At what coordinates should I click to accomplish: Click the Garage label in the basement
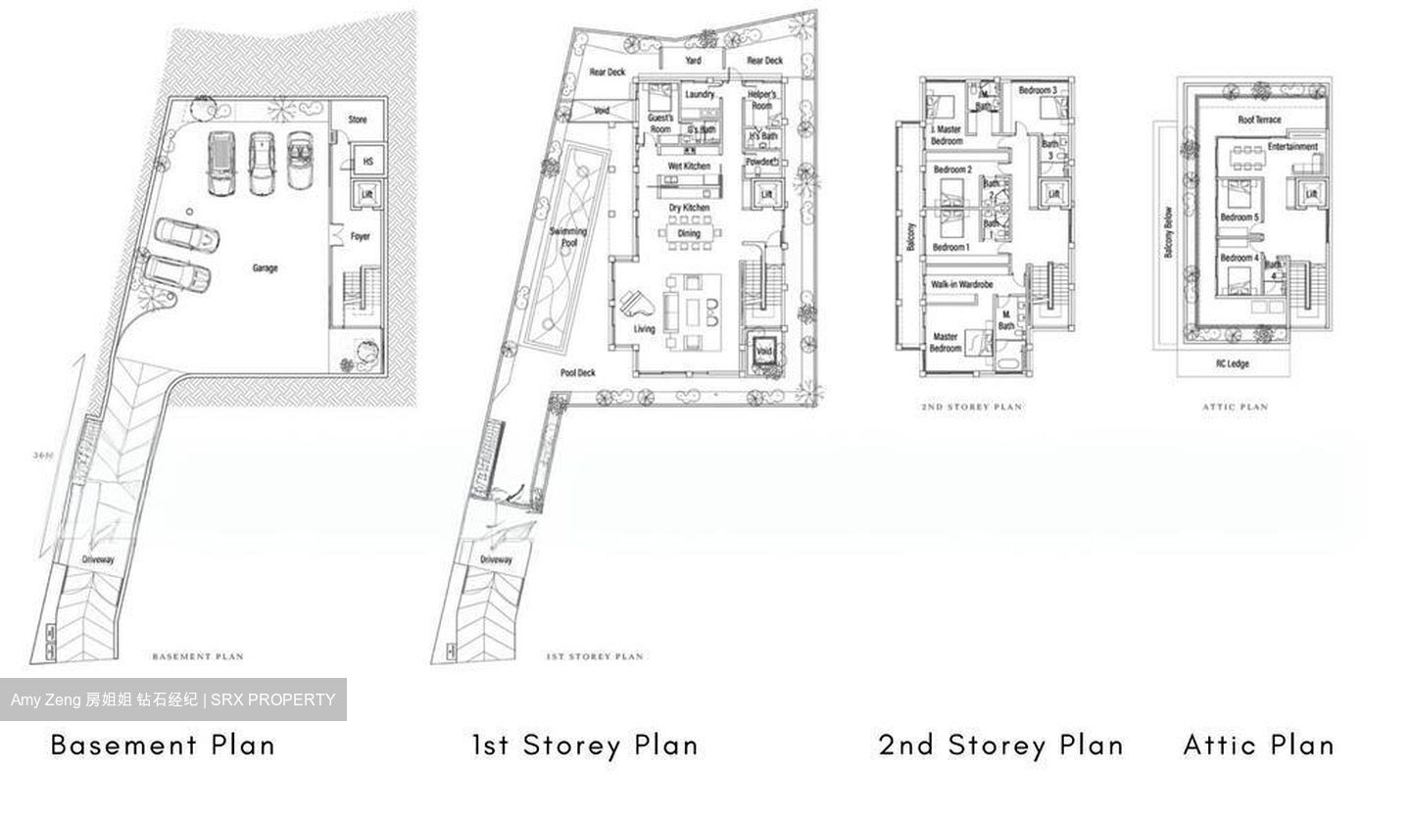265,267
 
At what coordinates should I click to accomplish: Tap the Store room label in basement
358,120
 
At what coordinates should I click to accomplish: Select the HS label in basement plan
367,162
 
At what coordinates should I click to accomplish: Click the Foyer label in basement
361,236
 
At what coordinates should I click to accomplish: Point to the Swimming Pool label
568,237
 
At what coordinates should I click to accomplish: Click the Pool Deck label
578,373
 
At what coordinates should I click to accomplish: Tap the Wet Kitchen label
689,167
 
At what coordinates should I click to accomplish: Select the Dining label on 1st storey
689,233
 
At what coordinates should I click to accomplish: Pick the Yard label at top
693,61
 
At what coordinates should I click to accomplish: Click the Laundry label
700,95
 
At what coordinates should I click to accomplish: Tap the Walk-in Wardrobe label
961,284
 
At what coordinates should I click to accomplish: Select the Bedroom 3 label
1038,90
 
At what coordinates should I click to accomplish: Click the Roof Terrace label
1259,120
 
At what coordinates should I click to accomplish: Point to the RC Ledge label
1233,363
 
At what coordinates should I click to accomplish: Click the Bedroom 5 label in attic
1240,217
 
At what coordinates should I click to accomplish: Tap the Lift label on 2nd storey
1053,195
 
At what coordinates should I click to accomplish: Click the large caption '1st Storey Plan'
585,745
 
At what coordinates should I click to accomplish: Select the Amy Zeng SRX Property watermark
173,699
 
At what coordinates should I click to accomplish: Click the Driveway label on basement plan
98,559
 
